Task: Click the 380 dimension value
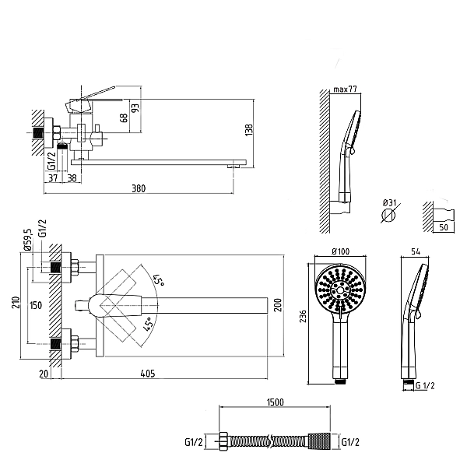click(139, 188)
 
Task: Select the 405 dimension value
click(148, 374)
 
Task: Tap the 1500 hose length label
click(276, 402)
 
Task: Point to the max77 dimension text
click(345, 89)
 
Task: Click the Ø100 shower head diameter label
click(341, 251)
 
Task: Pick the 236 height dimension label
click(303, 316)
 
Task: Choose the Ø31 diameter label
click(390, 203)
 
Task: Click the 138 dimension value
click(249, 130)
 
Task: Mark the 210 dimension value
click(16, 302)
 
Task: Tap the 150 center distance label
click(36, 305)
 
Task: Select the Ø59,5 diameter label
click(27, 240)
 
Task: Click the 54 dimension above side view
click(416, 251)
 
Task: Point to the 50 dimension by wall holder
click(444, 227)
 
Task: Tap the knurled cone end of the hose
click(318, 441)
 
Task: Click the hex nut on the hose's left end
click(223, 441)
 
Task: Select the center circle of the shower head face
click(340, 290)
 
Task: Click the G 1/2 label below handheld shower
click(425, 386)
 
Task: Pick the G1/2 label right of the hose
click(350, 442)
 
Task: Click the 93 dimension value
click(135, 108)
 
